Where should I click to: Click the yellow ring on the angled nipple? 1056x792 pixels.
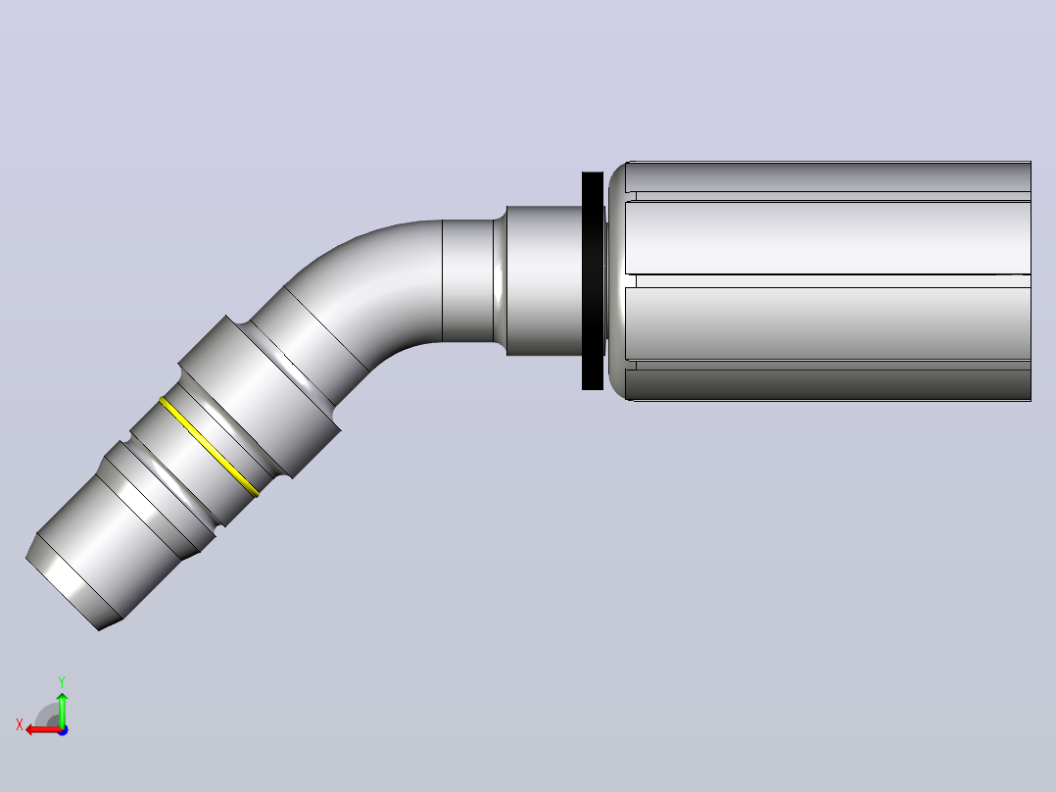pos(209,447)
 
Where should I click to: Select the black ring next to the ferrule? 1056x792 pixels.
pos(593,280)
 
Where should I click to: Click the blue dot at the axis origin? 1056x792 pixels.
pos(63,730)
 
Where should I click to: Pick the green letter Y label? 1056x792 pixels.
pos(62,681)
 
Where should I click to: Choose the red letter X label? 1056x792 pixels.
pos(20,725)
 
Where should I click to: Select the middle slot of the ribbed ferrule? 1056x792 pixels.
pos(829,281)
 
